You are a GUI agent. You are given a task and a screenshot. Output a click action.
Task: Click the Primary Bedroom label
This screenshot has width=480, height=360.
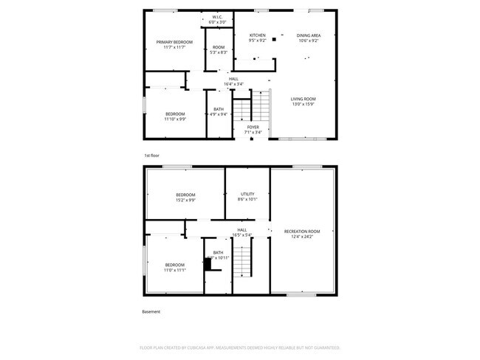pos(174,42)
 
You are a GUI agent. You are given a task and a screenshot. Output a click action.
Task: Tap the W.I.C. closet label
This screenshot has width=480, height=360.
pos(217,17)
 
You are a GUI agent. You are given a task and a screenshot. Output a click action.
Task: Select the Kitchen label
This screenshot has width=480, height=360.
pos(257,35)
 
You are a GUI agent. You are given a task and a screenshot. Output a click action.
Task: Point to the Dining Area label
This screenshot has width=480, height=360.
pos(309,35)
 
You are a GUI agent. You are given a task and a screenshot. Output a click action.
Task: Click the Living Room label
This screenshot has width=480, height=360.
pos(303,99)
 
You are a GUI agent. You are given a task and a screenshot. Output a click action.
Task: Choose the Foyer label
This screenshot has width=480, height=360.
pos(253,127)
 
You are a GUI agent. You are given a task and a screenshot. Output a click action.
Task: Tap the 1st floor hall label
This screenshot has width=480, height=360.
pos(233,79)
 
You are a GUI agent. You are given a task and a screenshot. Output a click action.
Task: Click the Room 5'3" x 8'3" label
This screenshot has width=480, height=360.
pos(219,47)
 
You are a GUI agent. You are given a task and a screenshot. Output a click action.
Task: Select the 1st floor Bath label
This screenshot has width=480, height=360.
pos(219,109)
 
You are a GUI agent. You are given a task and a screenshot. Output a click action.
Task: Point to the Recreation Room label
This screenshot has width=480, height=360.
pos(302,232)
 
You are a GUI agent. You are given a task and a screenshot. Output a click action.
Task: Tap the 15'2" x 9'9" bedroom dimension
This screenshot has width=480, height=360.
pos(185,199)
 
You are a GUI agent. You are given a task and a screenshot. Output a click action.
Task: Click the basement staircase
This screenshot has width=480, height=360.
pos(244,263)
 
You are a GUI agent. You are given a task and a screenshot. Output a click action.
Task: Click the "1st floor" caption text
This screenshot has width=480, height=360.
pos(151,156)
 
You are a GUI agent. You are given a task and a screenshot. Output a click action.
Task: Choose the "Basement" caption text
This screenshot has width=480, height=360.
pos(151,311)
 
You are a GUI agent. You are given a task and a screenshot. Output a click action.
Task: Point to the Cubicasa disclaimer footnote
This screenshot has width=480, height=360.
pos(239,347)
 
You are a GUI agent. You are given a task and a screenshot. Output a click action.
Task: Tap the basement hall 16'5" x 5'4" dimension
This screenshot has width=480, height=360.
pos(242,235)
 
